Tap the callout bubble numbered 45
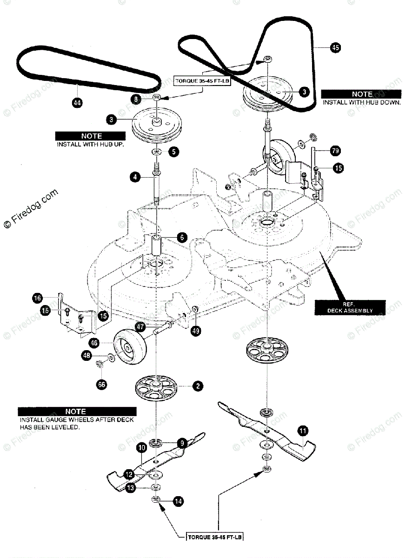pyautogui.click(x=335, y=47)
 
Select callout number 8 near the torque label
pyautogui.click(x=136, y=99)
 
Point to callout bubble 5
pyautogui.click(x=173, y=152)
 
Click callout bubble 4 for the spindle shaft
pyautogui.click(x=135, y=177)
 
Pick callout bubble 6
pyautogui.click(x=181, y=237)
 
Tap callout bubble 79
pyautogui.click(x=335, y=151)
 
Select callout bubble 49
pyautogui.click(x=196, y=332)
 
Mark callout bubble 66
pyautogui.click(x=101, y=384)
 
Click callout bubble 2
pyautogui.click(x=198, y=385)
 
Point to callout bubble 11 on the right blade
pyautogui.click(x=303, y=432)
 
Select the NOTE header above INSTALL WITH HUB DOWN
pyautogui.click(x=361, y=94)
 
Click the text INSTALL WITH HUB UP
pyautogui.click(x=91, y=144)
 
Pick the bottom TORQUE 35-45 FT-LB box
pyautogui.click(x=215, y=538)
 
